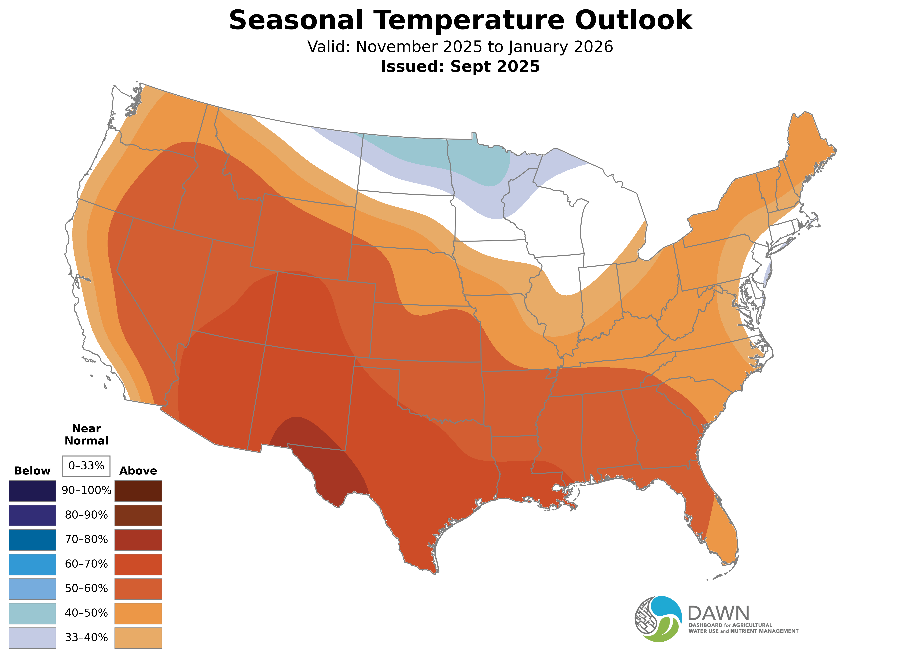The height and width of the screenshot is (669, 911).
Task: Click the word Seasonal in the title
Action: coord(296,20)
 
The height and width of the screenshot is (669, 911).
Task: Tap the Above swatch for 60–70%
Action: coord(138,564)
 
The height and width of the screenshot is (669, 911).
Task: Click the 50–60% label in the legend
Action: coord(86,588)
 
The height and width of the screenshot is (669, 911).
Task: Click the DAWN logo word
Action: coord(718,614)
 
